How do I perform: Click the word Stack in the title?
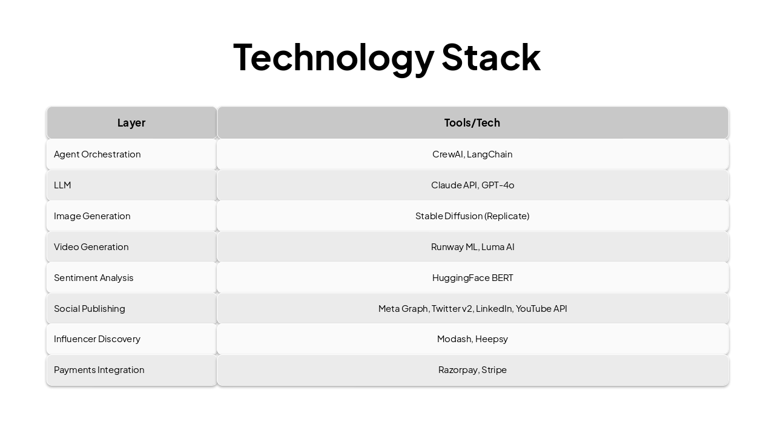point(490,57)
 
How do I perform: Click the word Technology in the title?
point(334,57)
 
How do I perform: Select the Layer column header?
point(131,123)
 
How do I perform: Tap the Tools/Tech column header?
point(472,123)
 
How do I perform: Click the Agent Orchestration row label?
point(97,154)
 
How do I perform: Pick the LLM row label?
point(62,185)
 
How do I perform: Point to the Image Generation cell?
point(92,216)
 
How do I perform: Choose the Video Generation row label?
point(91,247)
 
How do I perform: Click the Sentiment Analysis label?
point(94,278)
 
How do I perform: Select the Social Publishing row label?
point(90,309)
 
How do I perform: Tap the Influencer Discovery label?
point(97,339)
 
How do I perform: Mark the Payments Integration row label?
point(99,370)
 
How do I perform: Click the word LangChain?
point(489,154)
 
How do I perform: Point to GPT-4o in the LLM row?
point(498,185)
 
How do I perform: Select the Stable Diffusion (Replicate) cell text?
point(472,216)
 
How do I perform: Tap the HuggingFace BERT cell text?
point(472,278)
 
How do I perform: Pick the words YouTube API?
point(541,309)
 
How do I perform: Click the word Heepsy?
point(492,339)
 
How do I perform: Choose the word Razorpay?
point(458,370)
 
